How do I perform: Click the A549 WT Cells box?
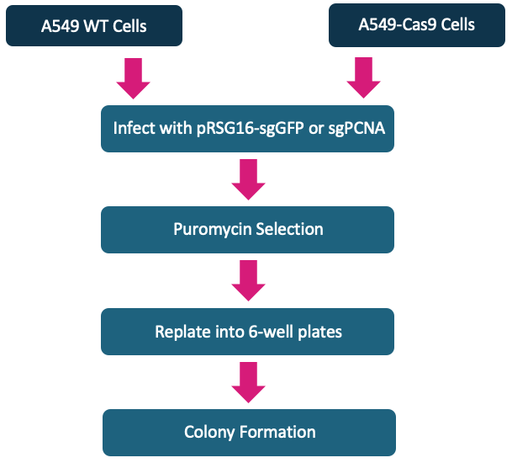94,25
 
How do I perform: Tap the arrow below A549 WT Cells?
134,78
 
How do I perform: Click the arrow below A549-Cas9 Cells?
363,78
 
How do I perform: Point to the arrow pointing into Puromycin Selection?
247,178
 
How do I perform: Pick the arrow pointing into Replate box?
247,279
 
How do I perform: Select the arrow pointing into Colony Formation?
247,381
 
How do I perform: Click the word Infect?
135,129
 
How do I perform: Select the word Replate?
181,332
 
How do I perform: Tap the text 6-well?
264,332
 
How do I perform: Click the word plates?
319,332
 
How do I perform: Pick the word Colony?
209,433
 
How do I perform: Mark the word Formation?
277,433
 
